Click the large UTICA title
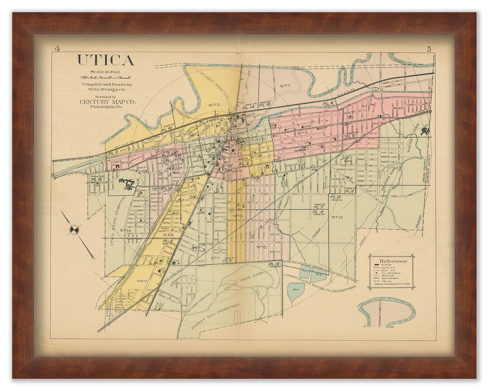point(105,60)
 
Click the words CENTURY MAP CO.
point(107,102)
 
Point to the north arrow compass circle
point(74,229)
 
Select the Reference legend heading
point(393,261)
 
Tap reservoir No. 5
point(318,274)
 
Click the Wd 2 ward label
point(214,105)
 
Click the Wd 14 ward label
point(125,230)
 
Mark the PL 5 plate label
point(350,136)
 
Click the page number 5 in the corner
point(428,49)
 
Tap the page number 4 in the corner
point(57,48)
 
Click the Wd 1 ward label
point(284,85)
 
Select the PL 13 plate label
point(335,197)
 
